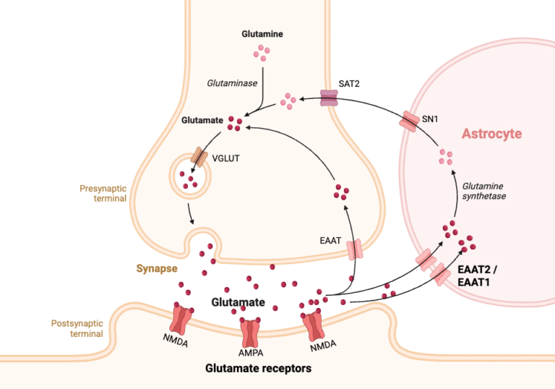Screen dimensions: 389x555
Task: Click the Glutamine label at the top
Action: (x=262, y=34)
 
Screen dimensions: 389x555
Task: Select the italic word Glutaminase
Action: (x=233, y=84)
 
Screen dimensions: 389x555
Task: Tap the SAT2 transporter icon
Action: (x=330, y=98)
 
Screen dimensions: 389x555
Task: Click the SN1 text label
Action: (x=431, y=118)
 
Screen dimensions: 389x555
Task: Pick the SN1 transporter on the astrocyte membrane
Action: (x=410, y=121)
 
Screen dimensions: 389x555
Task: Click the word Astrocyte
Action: (x=491, y=134)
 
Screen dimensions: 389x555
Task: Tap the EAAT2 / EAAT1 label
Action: (x=483, y=276)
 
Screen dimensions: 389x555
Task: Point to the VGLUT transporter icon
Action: (x=199, y=157)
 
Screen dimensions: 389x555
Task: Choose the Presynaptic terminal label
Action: (x=103, y=193)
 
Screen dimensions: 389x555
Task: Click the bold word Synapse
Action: (x=157, y=269)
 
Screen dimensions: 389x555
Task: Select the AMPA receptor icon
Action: (x=251, y=332)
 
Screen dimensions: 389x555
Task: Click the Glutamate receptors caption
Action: (x=258, y=369)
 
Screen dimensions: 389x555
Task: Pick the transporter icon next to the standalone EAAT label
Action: (x=354, y=249)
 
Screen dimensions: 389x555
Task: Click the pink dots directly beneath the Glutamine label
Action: (x=261, y=52)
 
